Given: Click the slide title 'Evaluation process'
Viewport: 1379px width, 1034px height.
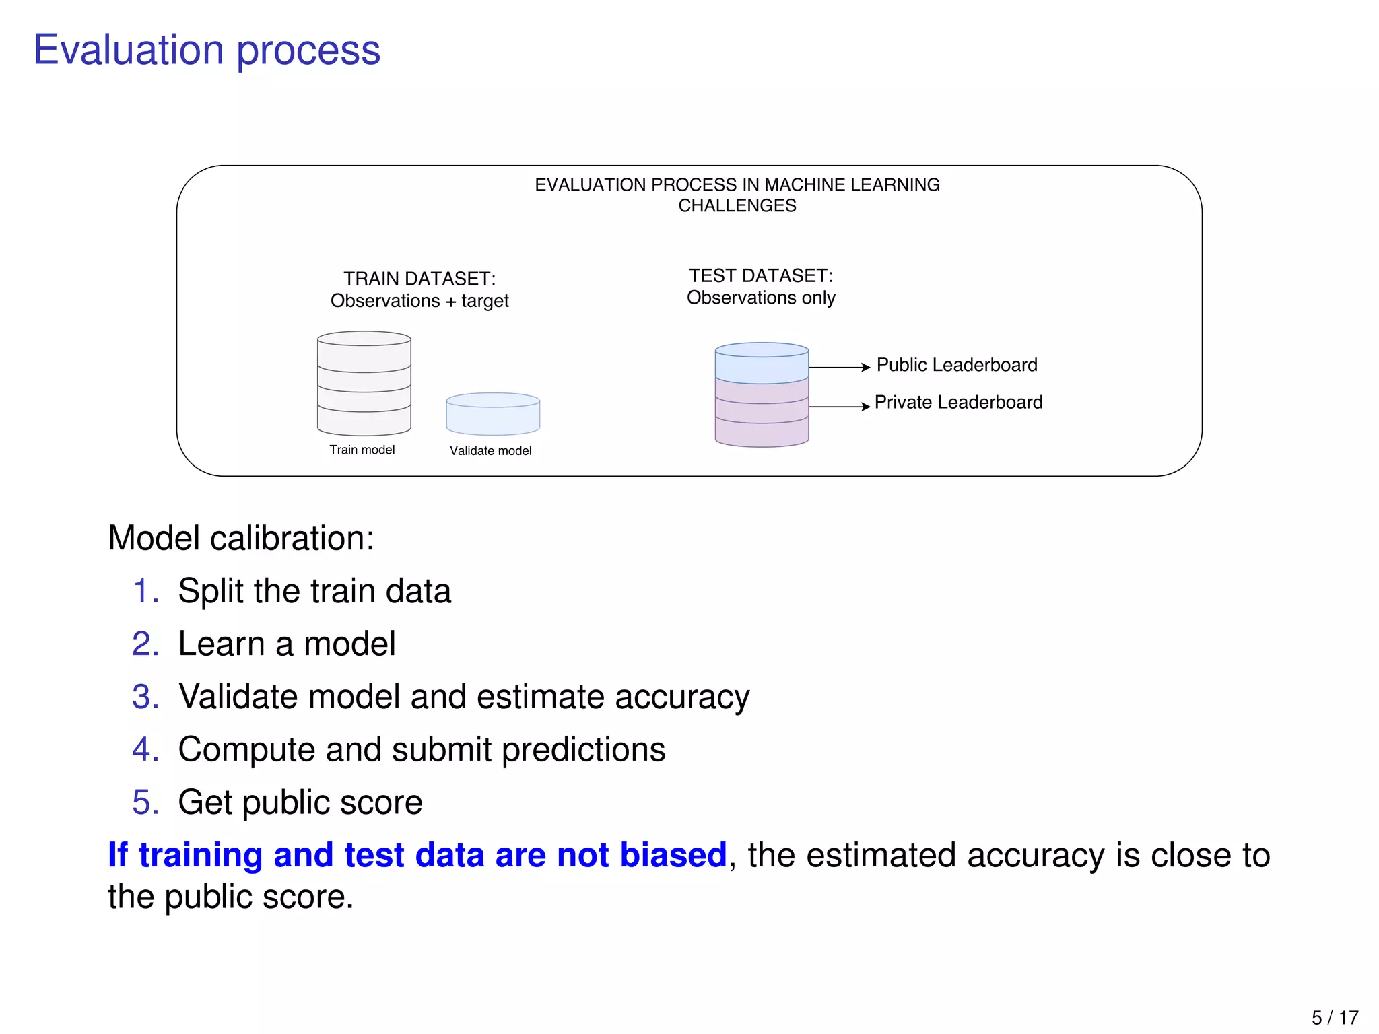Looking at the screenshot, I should click(207, 50).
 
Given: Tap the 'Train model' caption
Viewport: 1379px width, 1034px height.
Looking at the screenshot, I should click(362, 450).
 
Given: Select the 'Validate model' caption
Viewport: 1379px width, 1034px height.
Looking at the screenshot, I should click(490, 451).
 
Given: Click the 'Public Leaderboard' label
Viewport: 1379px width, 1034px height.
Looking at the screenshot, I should click(956, 365).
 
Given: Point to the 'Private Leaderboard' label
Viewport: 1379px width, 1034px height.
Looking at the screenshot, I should click(958, 403).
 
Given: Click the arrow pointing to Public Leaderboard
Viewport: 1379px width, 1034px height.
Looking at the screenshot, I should click(839, 368).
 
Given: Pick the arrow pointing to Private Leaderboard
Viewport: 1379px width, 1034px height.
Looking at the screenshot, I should click(839, 407).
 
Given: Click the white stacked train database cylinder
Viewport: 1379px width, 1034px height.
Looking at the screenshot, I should click(364, 384).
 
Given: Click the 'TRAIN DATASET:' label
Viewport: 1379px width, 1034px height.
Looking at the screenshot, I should click(419, 279).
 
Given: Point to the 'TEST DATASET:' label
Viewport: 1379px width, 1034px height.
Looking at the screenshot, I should click(761, 276).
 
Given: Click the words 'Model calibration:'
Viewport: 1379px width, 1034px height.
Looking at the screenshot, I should click(241, 539).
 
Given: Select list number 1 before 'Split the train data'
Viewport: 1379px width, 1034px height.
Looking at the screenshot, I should click(145, 591).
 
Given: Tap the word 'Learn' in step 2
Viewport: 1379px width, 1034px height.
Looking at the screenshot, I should click(221, 644).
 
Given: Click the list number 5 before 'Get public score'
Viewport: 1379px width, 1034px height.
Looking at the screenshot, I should click(145, 802).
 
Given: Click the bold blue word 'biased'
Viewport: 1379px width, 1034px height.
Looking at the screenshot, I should click(673, 855).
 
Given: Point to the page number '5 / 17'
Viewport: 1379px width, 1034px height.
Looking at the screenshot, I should click(1335, 1017).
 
